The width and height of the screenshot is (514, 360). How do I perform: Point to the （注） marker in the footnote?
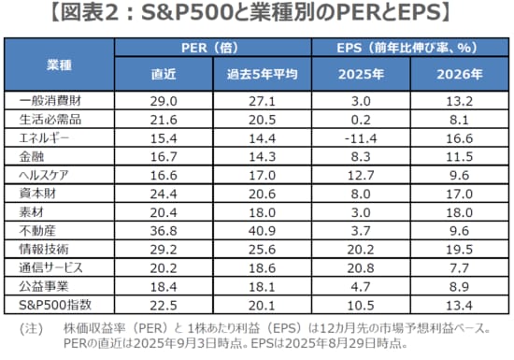click(32, 330)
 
